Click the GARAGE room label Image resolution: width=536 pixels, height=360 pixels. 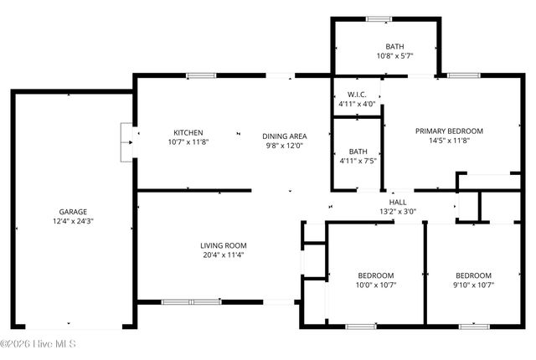73,212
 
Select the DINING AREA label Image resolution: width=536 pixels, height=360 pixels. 283,136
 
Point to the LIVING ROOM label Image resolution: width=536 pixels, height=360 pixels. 224,245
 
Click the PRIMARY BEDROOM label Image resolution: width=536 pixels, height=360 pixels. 450,131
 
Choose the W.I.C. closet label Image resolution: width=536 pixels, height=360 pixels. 358,94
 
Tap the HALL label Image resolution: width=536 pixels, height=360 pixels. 398,202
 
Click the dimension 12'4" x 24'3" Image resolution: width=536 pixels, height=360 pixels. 73,222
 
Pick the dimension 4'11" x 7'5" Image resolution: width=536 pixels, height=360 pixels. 358,161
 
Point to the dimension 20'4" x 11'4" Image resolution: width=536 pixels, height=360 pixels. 224,255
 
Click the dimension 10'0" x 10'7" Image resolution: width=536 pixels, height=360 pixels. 376,285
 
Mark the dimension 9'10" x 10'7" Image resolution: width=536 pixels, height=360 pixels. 473,285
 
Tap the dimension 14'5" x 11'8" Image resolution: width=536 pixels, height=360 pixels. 450,141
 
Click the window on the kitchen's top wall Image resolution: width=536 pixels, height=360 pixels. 201,76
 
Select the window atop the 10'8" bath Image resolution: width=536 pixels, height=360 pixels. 378,18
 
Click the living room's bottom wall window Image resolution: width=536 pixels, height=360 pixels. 189,301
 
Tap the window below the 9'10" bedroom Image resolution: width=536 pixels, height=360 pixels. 473,326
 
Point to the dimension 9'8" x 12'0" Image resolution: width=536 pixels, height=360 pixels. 283,146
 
